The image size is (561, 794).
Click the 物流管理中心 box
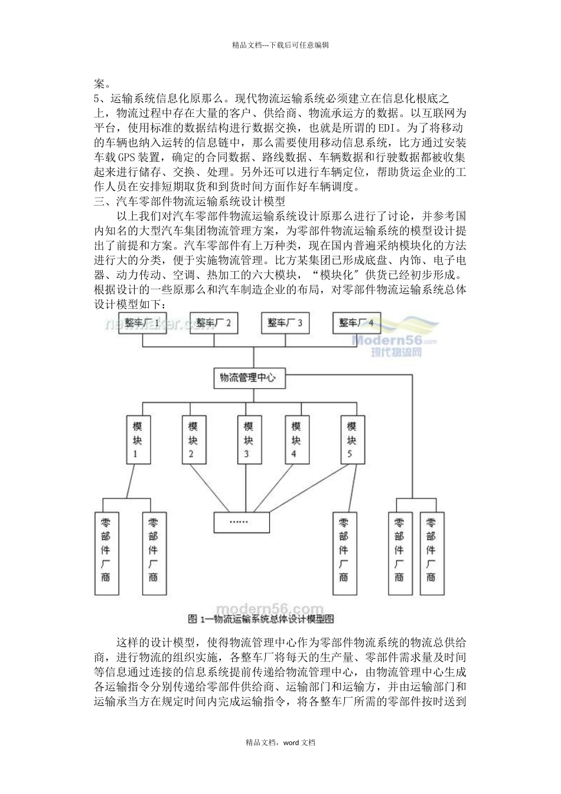coord(249,378)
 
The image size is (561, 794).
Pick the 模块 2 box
coord(193,440)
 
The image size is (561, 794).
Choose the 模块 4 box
coord(296,440)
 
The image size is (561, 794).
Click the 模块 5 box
coord(351,440)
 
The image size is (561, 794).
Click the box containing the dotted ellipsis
coord(241,522)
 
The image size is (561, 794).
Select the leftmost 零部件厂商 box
coord(105,553)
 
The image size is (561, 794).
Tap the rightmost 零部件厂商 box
coord(432,553)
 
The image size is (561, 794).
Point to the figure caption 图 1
coord(260,620)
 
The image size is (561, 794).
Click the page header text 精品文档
coord(280,44)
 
